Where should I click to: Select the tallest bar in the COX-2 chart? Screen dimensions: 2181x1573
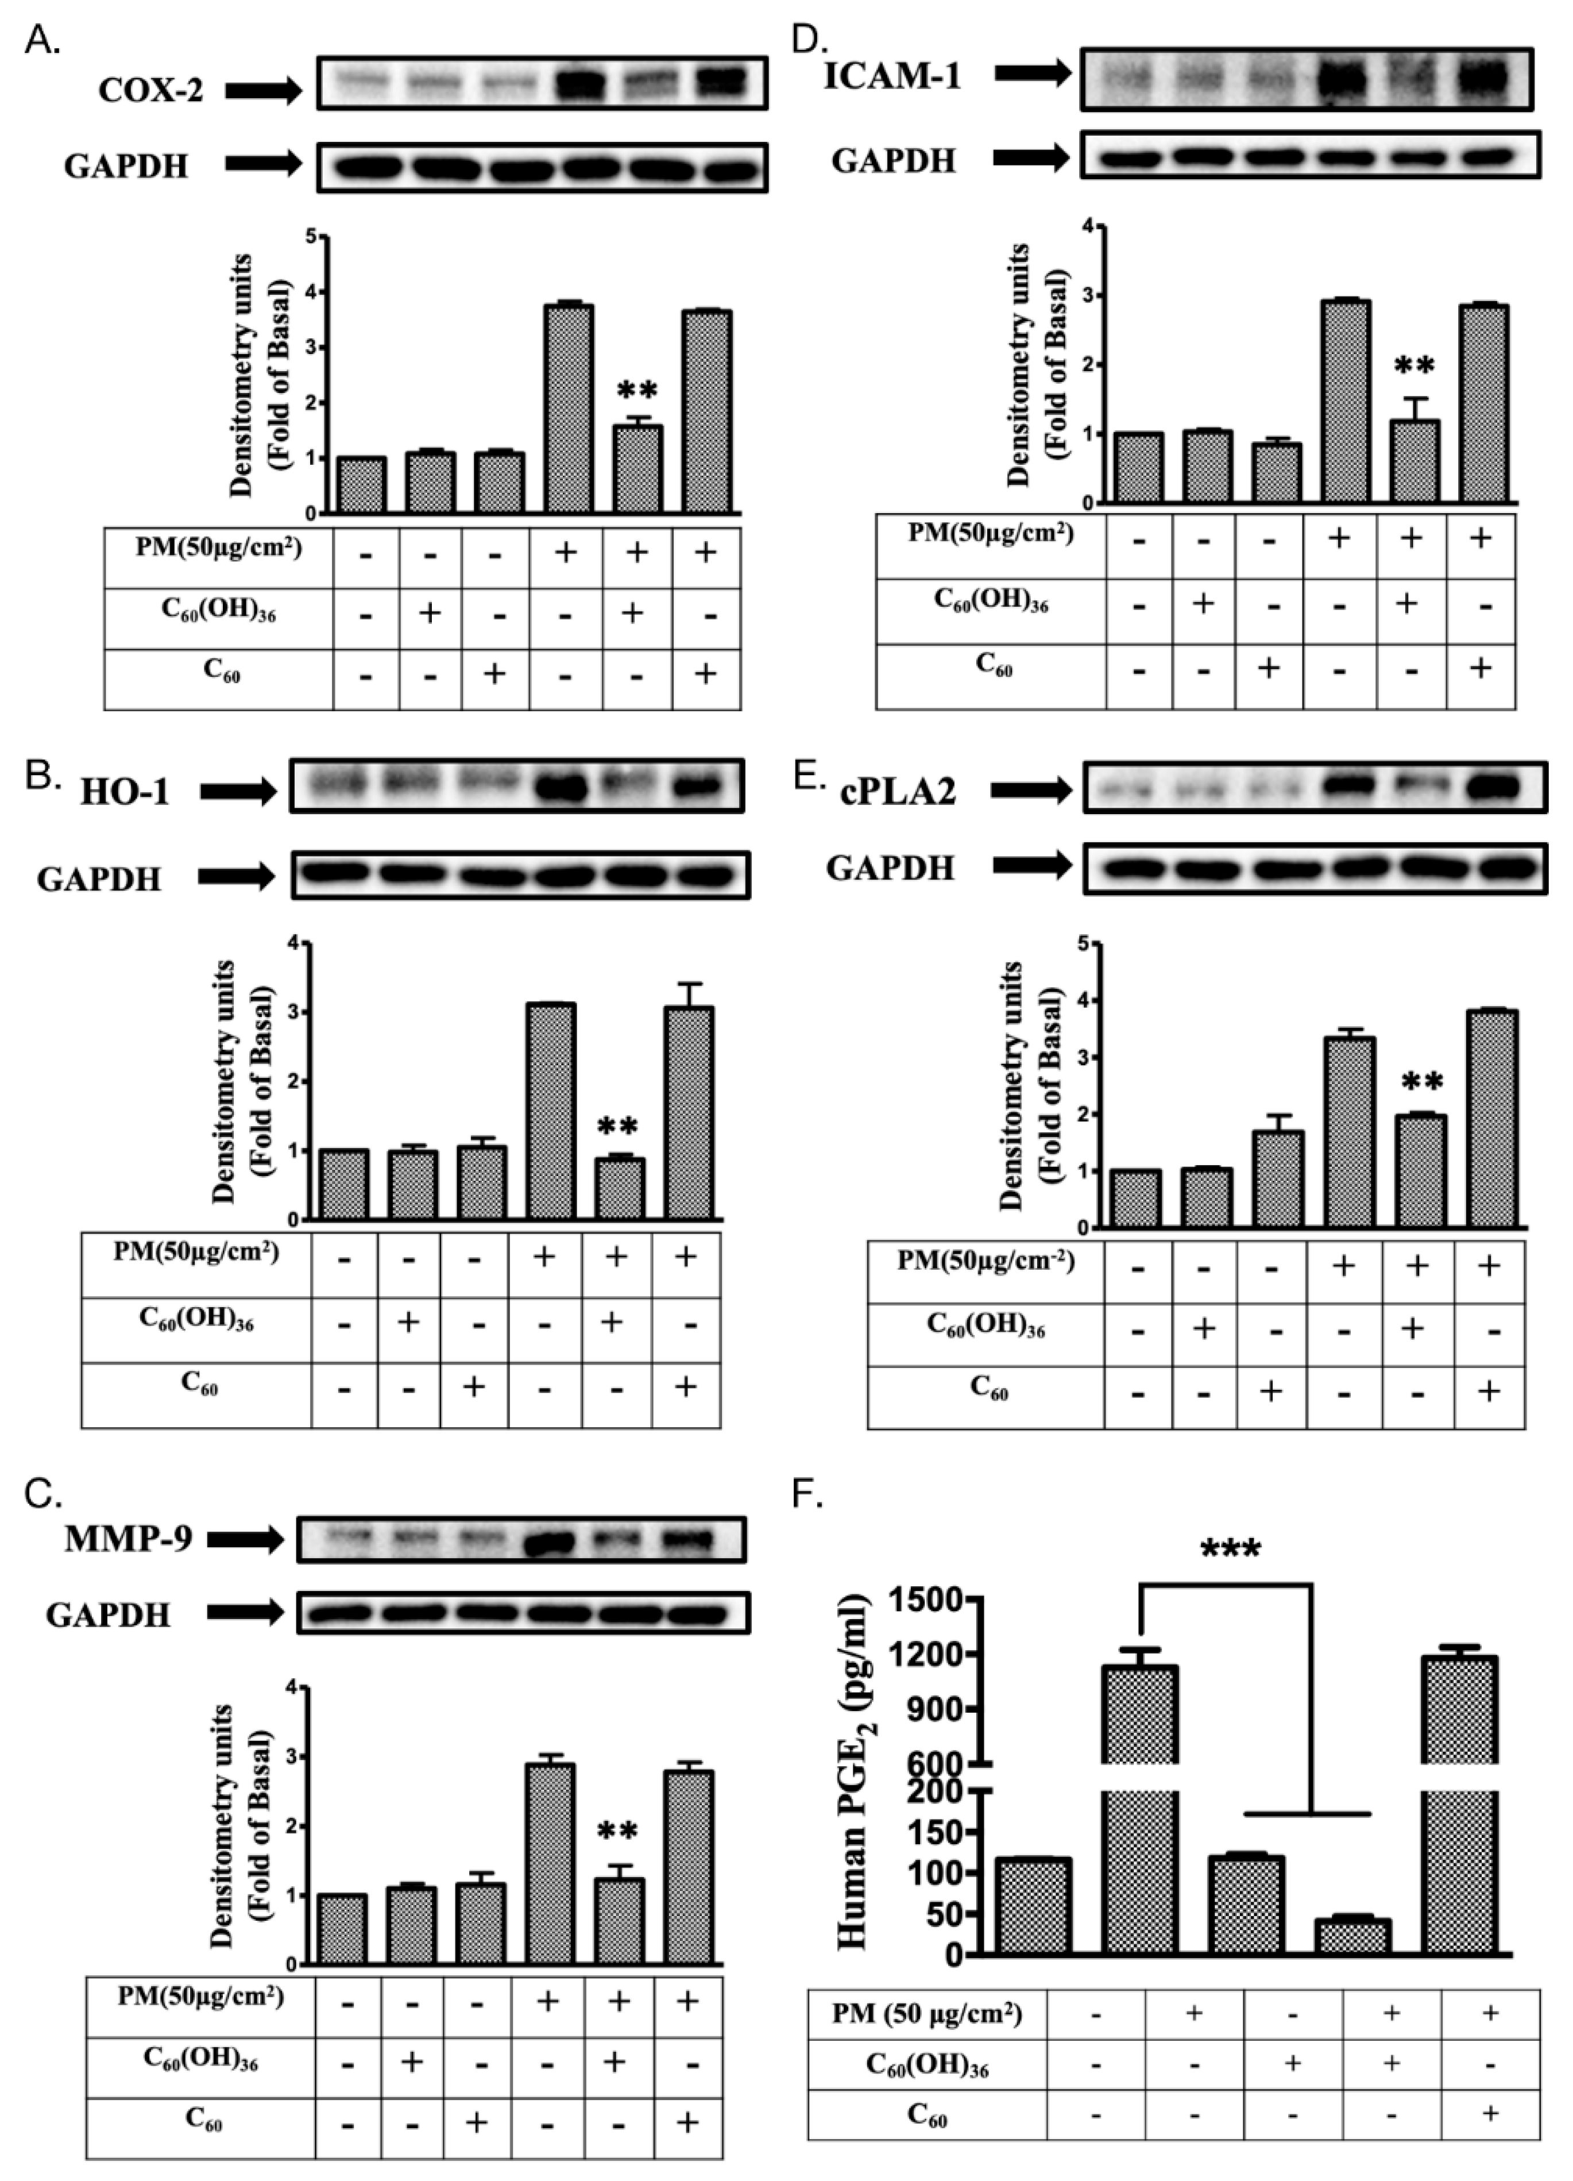(x=567, y=408)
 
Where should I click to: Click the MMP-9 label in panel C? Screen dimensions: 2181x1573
(x=129, y=1539)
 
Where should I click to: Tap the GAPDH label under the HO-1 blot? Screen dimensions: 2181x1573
(x=99, y=879)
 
